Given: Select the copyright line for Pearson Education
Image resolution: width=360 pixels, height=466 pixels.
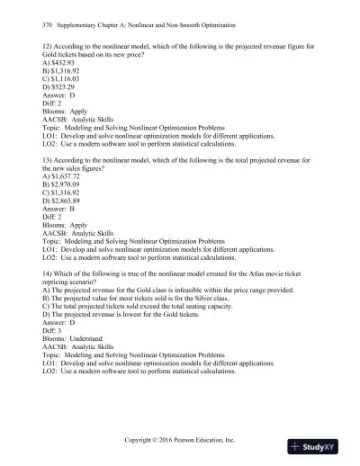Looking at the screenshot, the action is [180, 435].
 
